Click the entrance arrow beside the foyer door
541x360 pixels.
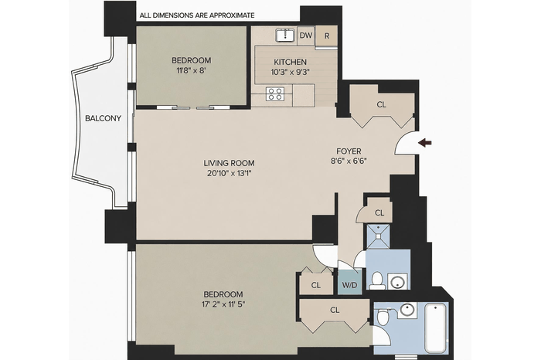click(x=425, y=143)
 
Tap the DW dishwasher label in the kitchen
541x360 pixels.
click(x=306, y=36)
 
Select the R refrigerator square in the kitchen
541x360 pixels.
click(x=327, y=36)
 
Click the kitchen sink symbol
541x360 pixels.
click(x=285, y=36)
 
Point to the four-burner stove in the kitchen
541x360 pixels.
click(x=275, y=93)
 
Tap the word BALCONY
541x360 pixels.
click(x=103, y=118)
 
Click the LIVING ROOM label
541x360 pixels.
click(x=229, y=163)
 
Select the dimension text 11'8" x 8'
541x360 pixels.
click(x=191, y=71)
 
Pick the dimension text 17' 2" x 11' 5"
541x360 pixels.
click(x=223, y=304)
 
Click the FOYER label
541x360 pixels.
click(x=349, y=151)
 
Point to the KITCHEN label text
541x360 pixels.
click(x=290, y=62)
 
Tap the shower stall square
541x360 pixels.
click(x=378, y=236)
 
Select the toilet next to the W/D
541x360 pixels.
click(x=376, y=280)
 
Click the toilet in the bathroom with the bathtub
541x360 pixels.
click(x=383, y=317)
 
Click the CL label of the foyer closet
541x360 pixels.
click(x=381, y=104)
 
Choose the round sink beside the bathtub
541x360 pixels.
click(x=408, y=310)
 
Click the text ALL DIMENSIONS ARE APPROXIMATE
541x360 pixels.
click(x=197, y=15)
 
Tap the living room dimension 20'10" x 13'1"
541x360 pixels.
click(x=229, y=173)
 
